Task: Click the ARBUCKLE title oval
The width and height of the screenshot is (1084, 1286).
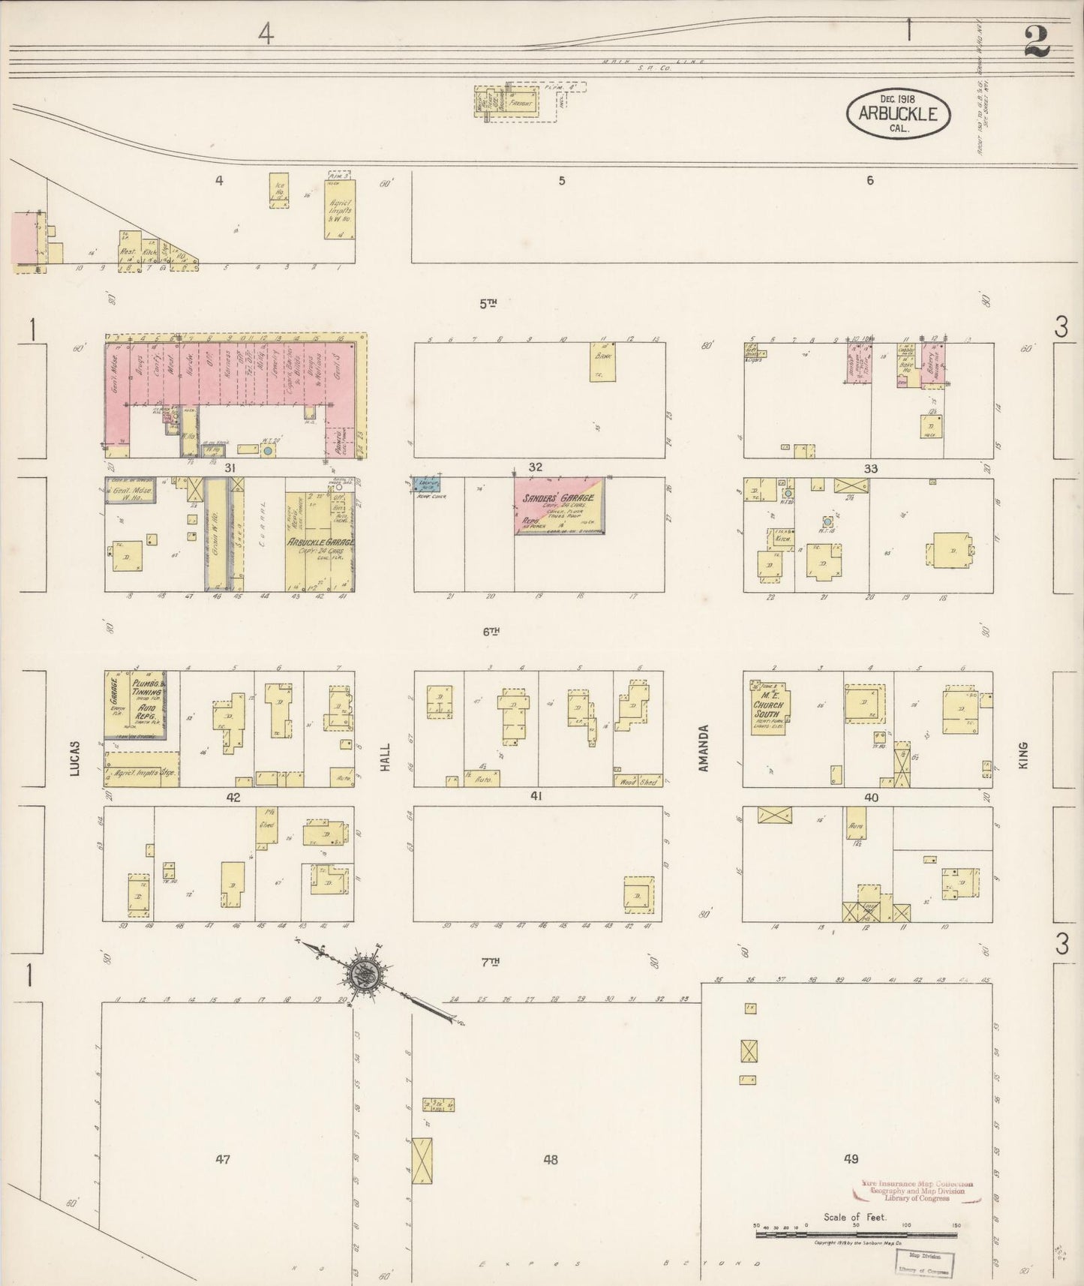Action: pyautogui.click(x=898, y=114)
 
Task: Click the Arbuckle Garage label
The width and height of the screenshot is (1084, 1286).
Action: pyautogui.click(x=320, y=542)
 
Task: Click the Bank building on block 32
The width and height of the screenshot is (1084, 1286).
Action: pyautogui.click(x=602, y=363)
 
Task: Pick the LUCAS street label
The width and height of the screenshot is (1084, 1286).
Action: pyautogui.click(x=75, y=758)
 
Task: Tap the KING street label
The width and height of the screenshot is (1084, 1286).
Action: pyautogui.click(x=1022, y=756)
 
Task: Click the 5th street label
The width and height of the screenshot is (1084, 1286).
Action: pyautogui.click(x=488, y=303)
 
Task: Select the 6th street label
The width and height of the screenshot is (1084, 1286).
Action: pyautogui.click(x=491, y=632)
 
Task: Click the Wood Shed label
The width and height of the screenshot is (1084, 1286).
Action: pyautogui.click(x=638, y=781)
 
